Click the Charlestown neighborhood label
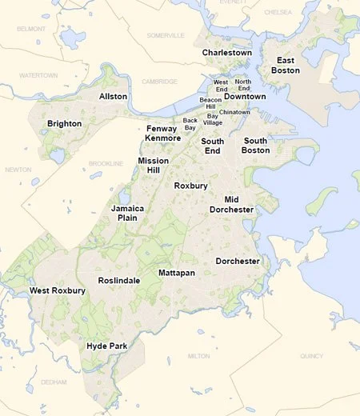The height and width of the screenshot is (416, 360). click(226, 53)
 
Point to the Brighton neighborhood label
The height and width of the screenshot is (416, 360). click(64, 124)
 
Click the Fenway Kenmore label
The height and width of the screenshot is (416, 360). click(162, 134)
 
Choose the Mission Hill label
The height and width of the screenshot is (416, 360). click(153, 166)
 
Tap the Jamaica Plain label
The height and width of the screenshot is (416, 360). click(127, 212)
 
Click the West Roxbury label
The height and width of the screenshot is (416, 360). click(57, 290)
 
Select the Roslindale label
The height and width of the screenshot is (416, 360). click(118, 281)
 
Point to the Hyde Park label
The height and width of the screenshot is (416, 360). click(107, 346)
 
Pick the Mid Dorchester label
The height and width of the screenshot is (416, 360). click(231, 204)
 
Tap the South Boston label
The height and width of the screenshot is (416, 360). click(255, 146)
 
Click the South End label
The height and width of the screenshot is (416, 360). click(212, 146)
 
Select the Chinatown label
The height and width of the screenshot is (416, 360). click(234, 112)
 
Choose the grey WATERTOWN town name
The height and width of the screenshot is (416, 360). click(40, 75)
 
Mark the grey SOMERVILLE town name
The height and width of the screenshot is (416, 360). click(166, 35)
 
